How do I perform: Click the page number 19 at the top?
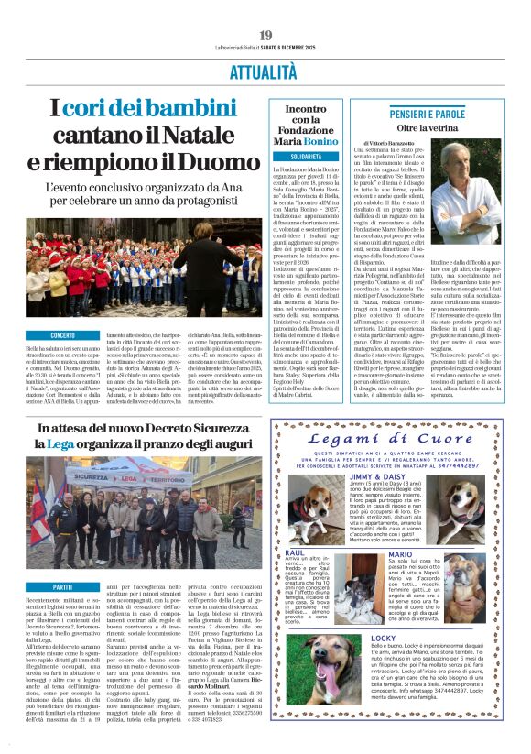coord(265,36)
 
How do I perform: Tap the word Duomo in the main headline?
coord(225,163)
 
